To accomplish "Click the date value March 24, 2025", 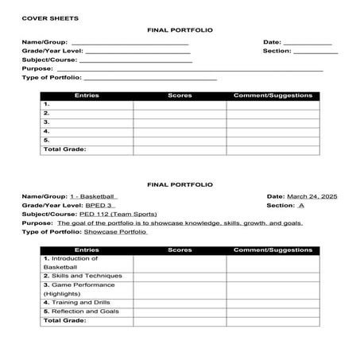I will pyautogui.click(x=312, y=195).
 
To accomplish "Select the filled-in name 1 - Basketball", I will pyautogui.click(x=92, y=195).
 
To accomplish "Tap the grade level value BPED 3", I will pyautogui.click(x=99, y=205).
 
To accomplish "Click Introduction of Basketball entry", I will pyautogui.click(x=72, y=263).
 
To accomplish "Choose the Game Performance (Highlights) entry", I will pyautogui.click(x=79, y=289).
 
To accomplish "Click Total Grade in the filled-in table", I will pyautogui.click(x=64, y=321).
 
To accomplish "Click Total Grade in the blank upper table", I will pyautogui.click(x=64, y=149).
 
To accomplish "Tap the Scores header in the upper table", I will pyautogui.click(x=180, y=95).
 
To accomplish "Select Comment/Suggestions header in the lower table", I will pyautogui.click(x=273, y=250).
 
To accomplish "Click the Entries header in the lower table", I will pyautogui.click(x=86, y=250).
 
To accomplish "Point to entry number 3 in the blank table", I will pyautogui.click(x=47, y=122).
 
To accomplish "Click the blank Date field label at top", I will pyautogui.click(x=272, y=42).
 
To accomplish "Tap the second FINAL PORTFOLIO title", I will pyautogui.click(x=180, y=184).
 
